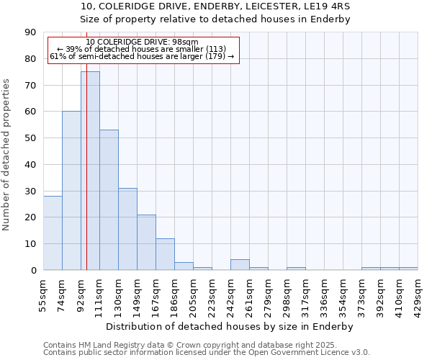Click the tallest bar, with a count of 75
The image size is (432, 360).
click(90, 171)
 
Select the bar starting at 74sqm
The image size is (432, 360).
click(71, 191)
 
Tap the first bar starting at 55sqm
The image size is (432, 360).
click(53, 233)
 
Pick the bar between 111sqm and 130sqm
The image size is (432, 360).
click(109, 200)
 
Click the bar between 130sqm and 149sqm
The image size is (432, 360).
click(127, 229)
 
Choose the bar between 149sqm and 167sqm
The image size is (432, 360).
click(146, 242)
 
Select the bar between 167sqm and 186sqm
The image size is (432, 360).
click(165, 254)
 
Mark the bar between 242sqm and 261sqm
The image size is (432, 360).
click(240, 264)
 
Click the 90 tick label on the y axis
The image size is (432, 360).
click(30, 32)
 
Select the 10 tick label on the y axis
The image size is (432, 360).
click(30, 244)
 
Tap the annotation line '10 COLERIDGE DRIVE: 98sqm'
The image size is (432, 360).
click(141, 42)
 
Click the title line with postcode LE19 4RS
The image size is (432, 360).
click(215, 6)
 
